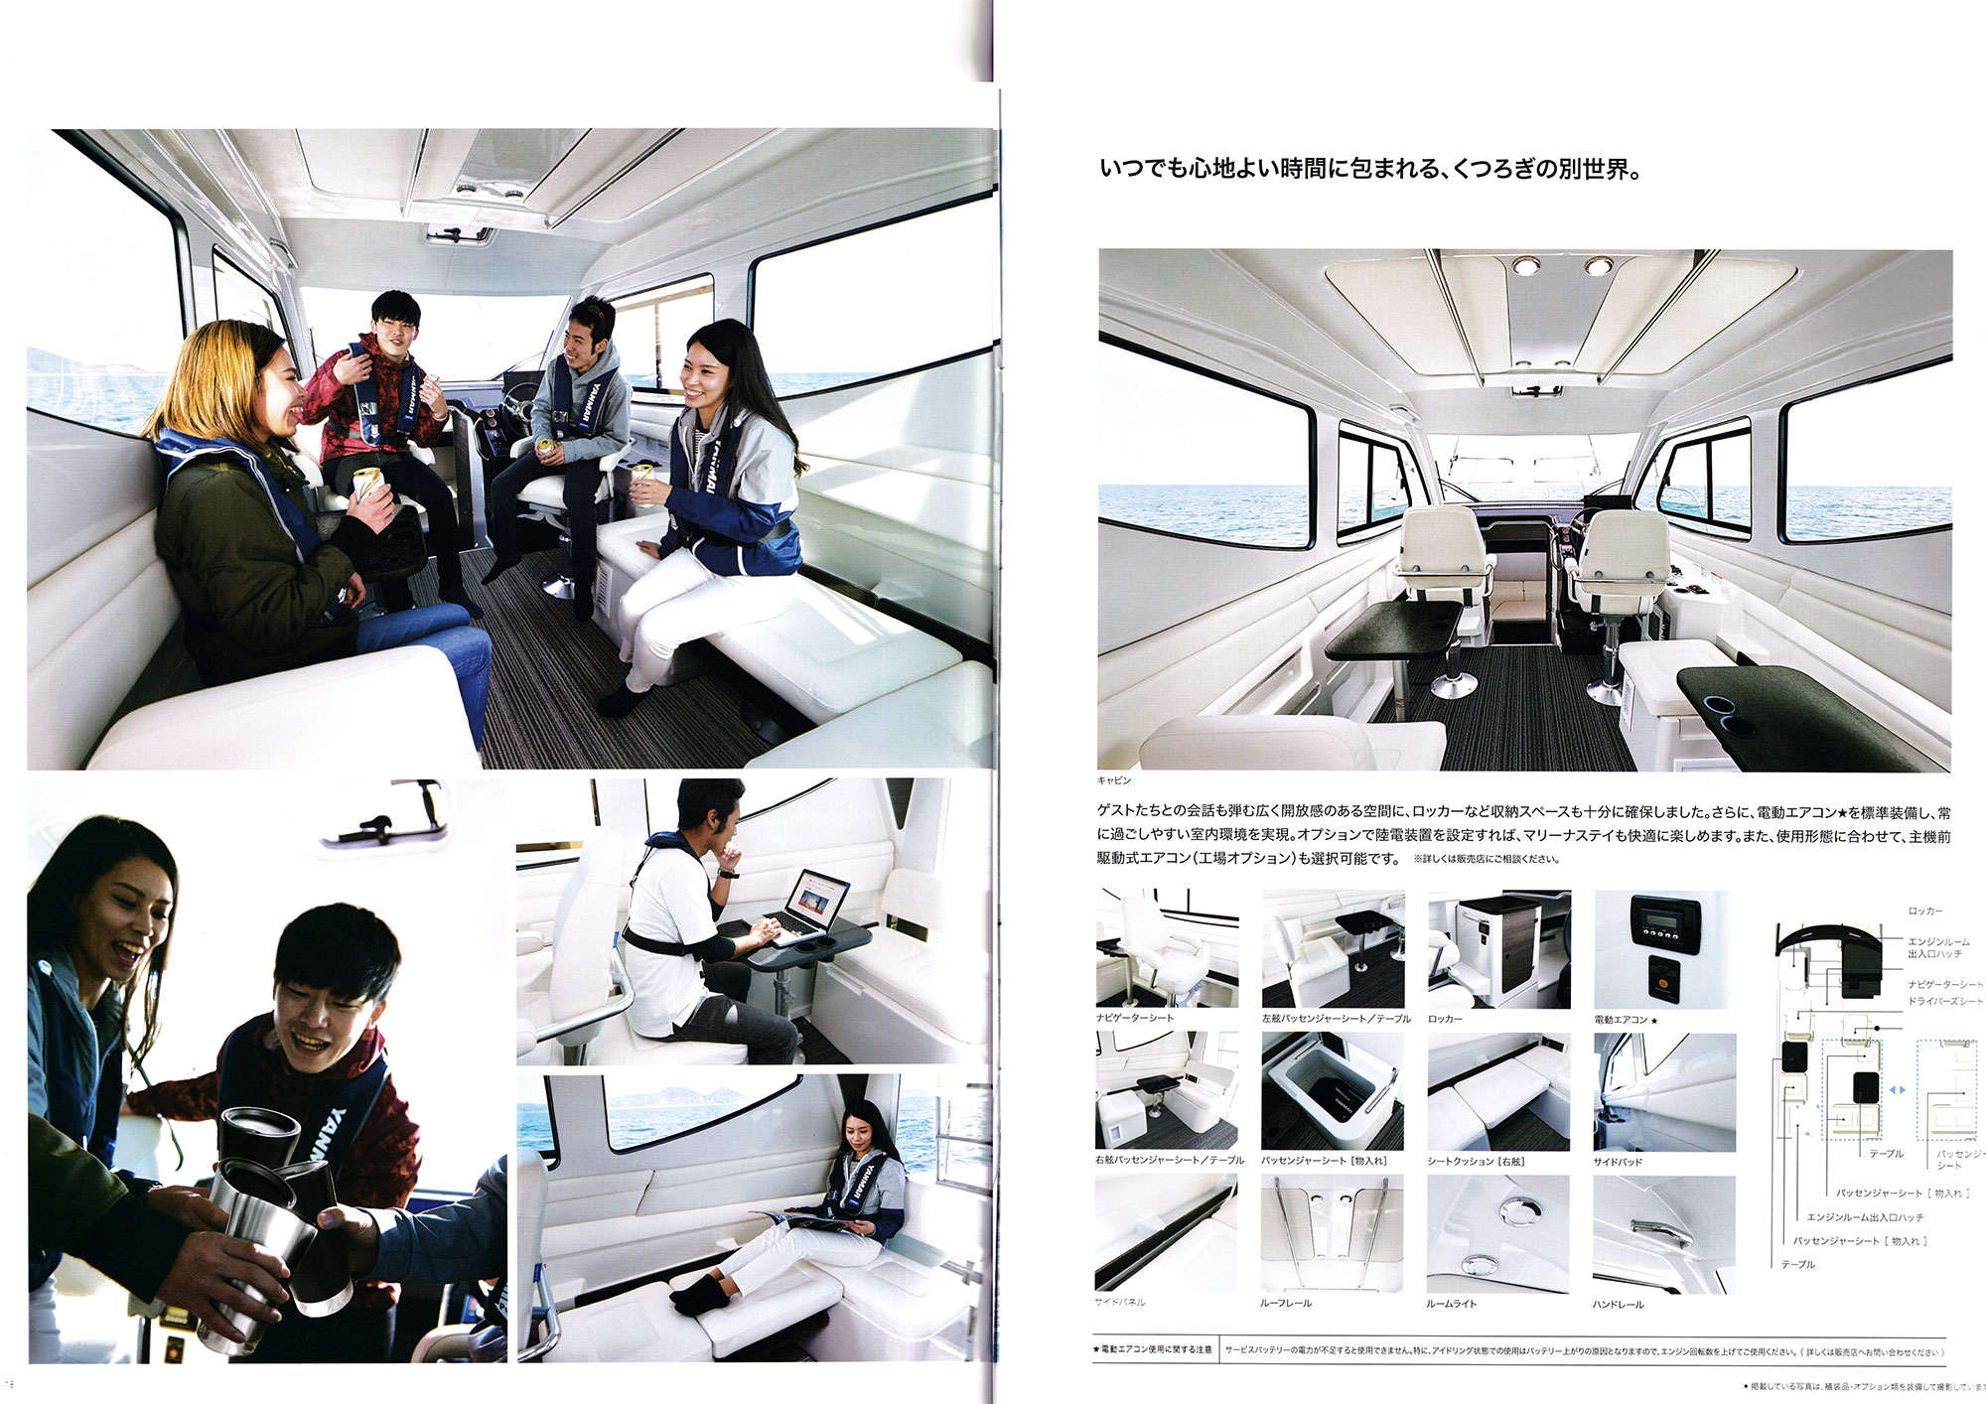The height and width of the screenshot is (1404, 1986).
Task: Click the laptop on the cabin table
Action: (x=809, y=906)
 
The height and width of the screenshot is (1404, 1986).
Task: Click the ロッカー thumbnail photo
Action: (x=1498, y=949)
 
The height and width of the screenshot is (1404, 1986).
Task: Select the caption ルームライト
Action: (x=1451, y=1304)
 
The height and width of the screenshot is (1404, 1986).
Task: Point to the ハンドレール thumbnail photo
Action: (x=1664, y=1234)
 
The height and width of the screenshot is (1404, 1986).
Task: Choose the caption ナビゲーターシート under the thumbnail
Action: (x=1134, y=1018)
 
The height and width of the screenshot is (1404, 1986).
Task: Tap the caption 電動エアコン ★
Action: (x=1626, y=1020)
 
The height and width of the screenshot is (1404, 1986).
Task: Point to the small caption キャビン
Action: (x=1113, y=780)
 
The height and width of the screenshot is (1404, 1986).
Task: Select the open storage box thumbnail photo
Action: (x=1333, y=1091)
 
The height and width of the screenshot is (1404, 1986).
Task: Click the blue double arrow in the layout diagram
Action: (x=1897, y=1090)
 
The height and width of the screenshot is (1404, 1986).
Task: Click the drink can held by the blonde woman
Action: (x=366, y=484)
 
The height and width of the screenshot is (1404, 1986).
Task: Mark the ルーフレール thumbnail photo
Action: (x=1333, y=1234)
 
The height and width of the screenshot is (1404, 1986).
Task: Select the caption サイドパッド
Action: (x=1618, y=1162)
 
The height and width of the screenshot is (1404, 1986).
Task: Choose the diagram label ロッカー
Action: (x=1924, y=911)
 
